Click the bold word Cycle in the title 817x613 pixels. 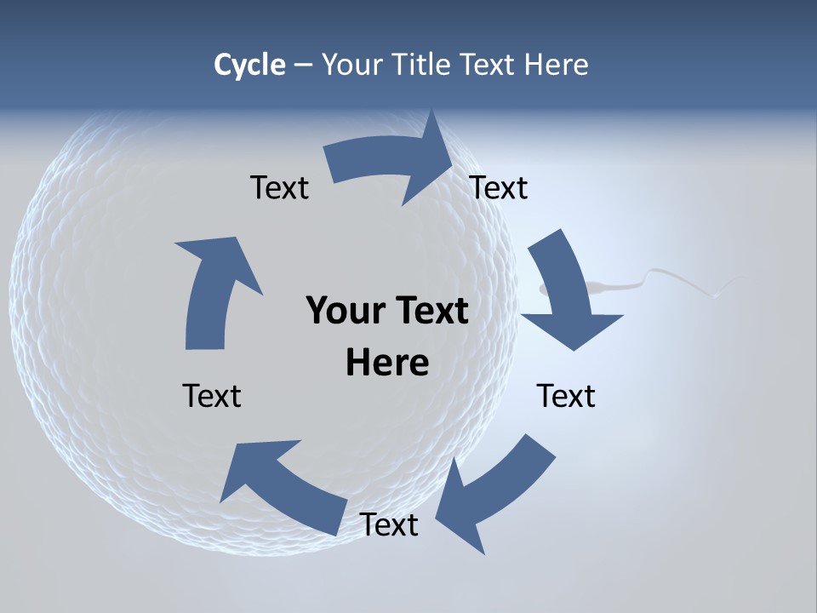(249, 65)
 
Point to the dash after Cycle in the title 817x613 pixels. (303, 66)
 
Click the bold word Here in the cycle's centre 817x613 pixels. (387, 363)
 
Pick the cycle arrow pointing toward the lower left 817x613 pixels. (494, 494)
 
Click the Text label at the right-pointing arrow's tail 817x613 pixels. (279, 187)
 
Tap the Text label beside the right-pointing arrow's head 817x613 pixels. (499, 187)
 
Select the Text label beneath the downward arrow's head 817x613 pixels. (566, 396)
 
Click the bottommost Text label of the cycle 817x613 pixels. (389, 524)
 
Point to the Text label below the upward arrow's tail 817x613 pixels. (212, 396)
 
